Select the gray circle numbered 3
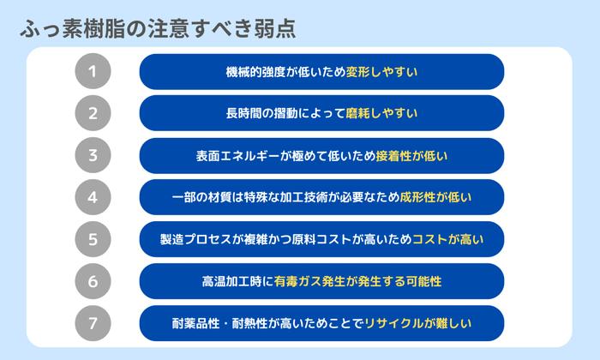pos(93,156)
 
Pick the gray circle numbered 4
pos(93,197)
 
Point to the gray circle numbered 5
pos(93,239)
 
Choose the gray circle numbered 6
pos(93,281)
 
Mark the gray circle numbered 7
pos(93,323)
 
